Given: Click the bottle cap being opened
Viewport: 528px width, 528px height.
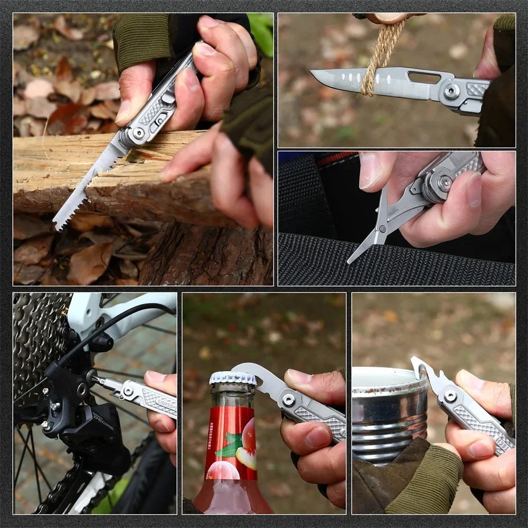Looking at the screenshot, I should (x=232, y=378).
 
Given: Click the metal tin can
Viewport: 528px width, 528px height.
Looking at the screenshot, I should (x=388, y=412).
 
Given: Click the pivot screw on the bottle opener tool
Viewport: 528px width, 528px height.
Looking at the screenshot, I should (x=288, y=400).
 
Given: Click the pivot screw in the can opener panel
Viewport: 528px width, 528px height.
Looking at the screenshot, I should (x=450, y=395).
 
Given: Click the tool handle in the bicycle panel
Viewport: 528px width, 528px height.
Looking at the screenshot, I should (x=153, y=399).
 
